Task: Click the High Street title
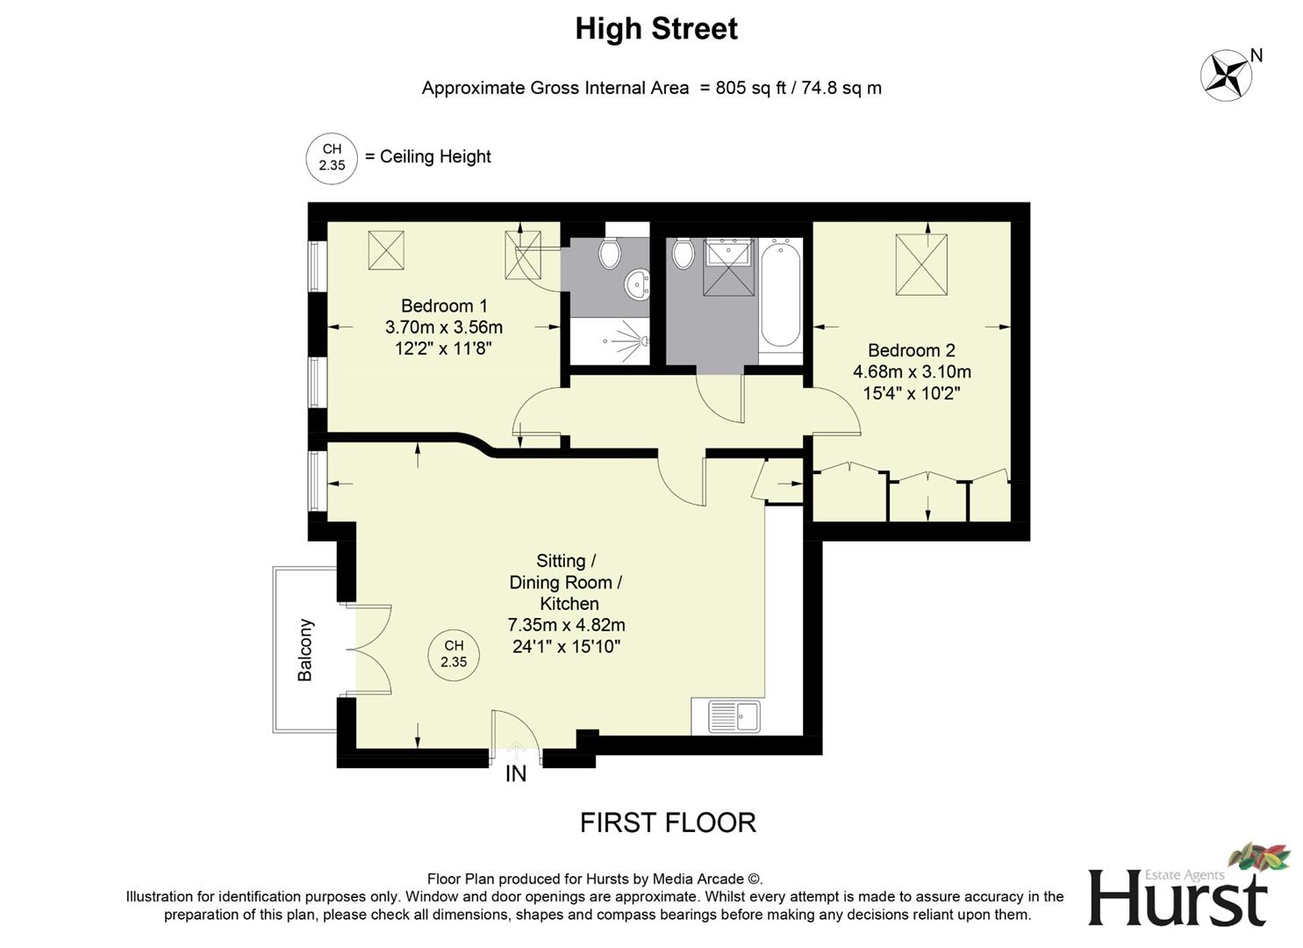point(656,29)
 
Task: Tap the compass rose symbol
point(1226,75)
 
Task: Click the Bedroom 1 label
point(444,305)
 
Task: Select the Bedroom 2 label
point(912,350)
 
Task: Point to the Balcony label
point(305,650)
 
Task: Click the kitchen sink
point(734,715)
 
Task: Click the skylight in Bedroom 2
point(920,264)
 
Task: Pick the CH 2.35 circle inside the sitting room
point(454,655)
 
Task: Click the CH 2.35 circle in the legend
point(332,158)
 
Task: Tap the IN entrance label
point(516,774)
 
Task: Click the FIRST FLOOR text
point(668,822)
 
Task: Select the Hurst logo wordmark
point(1178,896)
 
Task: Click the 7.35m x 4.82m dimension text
point(567,625)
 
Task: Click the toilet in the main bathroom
point(684,254)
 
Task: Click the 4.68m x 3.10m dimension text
point(912,371)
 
